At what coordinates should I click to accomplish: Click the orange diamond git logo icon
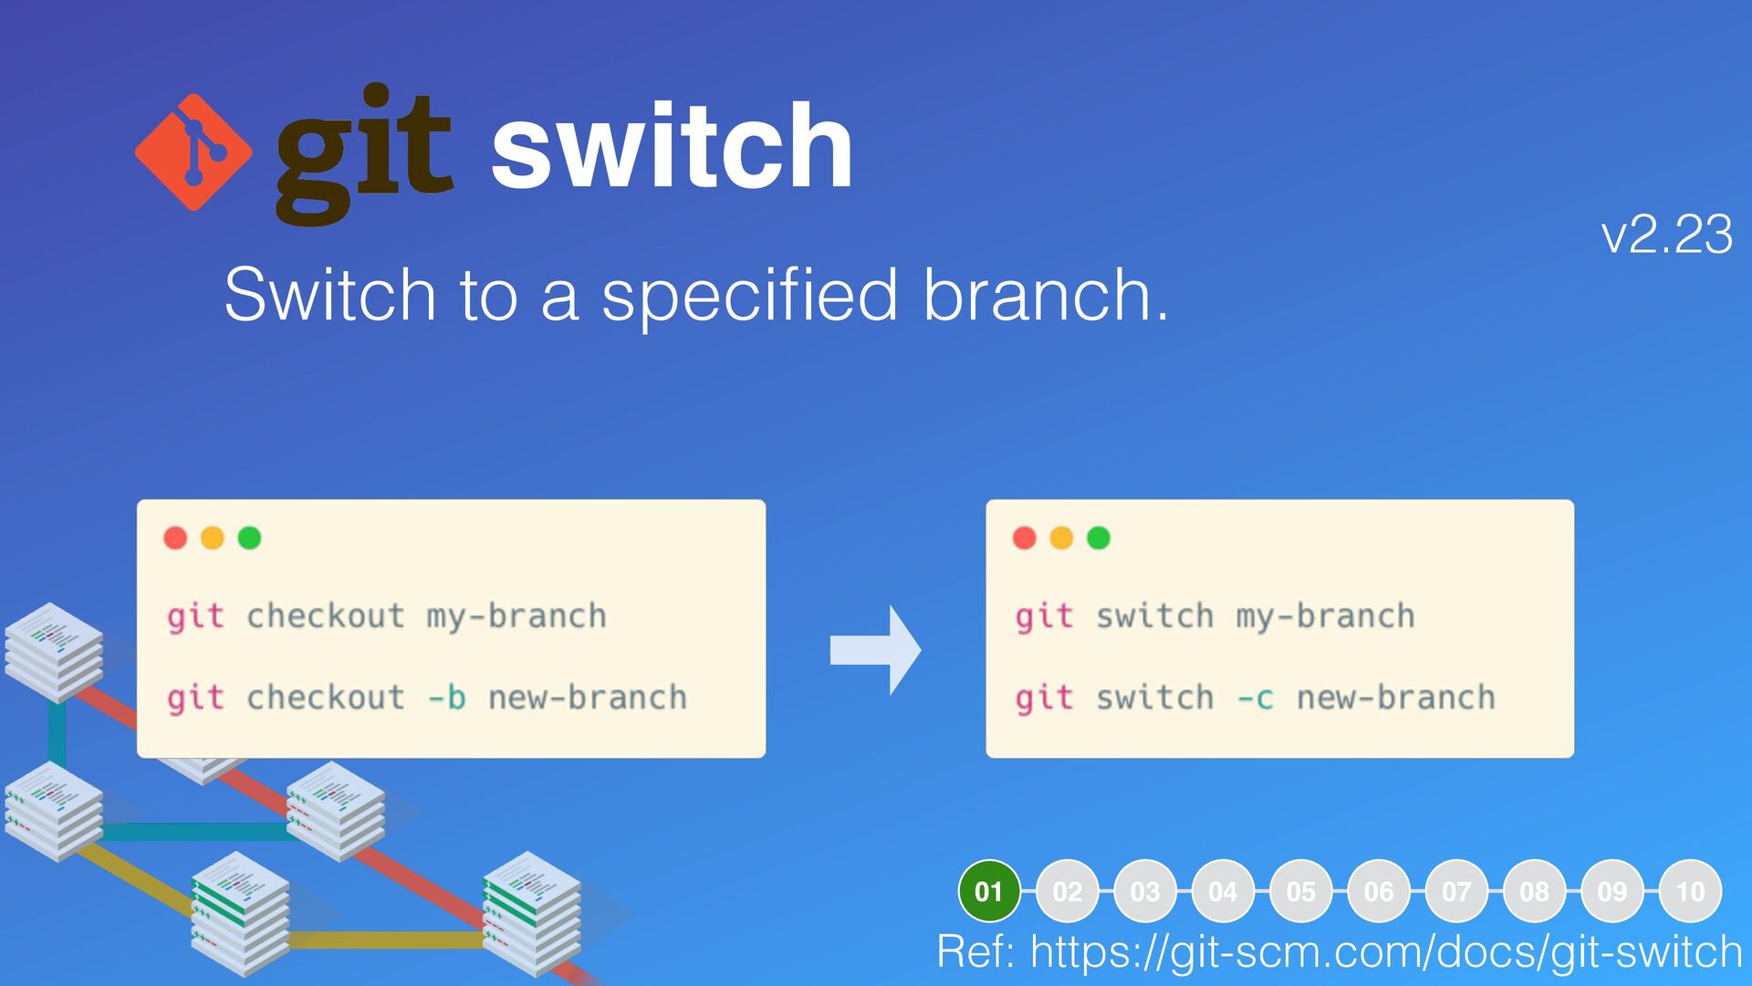(x=193, y=152)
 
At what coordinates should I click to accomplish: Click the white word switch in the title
(x=672, y=146)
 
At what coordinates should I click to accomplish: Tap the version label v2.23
(x=1666, y=235)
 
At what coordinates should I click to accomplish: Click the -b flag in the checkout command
(x=447, y=698)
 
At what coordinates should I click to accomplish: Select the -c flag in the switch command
(x=1255, y=698)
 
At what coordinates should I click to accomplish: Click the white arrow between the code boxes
(x=875, y=650)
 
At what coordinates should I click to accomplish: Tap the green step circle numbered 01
(x=989, y=891)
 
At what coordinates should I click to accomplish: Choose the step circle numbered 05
(x=1300, y=891)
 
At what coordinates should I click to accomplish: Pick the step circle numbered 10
(x=1690, y=891)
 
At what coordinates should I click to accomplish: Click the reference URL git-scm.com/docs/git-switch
(x=1386, y=951)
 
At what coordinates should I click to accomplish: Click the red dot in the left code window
(x=175, y=538)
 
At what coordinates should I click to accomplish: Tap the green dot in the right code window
(x=1099, y=538)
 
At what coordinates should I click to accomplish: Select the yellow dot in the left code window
(x=213, y=538)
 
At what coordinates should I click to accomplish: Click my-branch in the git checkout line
(x=516, y=617)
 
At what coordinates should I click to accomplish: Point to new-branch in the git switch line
(x=1396, y=698)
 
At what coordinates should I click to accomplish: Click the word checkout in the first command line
(x=326, y=617)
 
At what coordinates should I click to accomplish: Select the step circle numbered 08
(x=1534, y=891)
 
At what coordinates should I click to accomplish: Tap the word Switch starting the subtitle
(x=329, y=295)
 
